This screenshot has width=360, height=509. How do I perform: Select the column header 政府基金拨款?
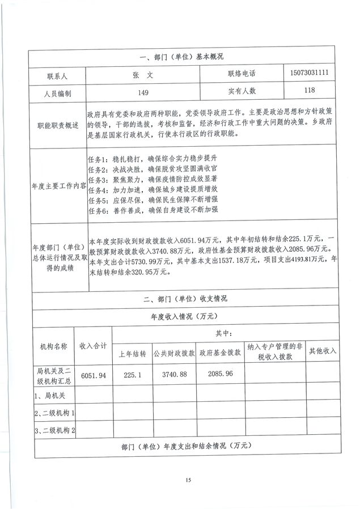tap(218, 353)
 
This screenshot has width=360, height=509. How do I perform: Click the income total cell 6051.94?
tap(94, 375)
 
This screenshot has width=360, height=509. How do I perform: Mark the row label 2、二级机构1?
tap(55, 413)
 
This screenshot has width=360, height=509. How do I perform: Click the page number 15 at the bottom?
tap(188, 480)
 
